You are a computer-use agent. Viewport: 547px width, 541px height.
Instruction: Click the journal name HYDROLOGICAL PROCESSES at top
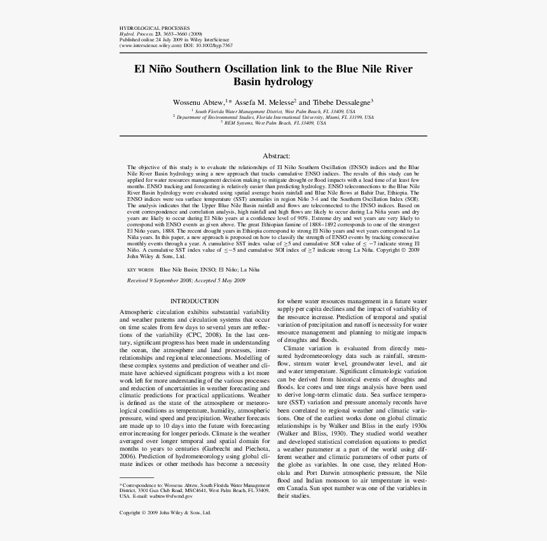(x=155, y=29)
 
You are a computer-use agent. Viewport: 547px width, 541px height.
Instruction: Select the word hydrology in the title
(x=291, y=82)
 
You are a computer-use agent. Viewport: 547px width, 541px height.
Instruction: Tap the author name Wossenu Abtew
(x=198, y=102)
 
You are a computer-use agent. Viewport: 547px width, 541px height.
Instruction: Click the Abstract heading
(x=276, y=156)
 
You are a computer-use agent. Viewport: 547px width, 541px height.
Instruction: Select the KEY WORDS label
(x=141, y=270)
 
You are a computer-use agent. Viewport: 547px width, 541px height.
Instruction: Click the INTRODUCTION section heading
(x=195, y=301)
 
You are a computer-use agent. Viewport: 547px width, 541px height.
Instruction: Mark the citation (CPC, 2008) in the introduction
(x=205, y=334)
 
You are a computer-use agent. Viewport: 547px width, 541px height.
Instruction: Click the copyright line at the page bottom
(x=165, y=512)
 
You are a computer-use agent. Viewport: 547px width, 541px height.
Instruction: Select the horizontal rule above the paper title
(x=273, y=53)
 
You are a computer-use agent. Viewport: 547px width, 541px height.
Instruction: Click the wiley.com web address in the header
(x=151, y=46)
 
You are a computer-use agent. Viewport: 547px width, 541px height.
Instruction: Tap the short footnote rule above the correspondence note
(x=137, y=477)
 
